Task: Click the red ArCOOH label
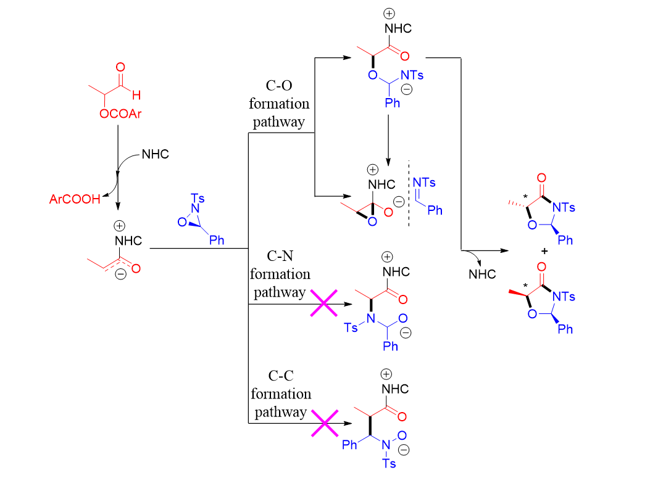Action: (75, 199)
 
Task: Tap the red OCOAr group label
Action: (120, 114)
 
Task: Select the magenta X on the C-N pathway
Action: (323, 303)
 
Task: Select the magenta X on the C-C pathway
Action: (325, 423)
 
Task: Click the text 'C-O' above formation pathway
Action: (279, 85)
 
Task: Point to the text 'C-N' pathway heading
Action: (280, 256)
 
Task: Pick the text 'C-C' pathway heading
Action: (281, 376)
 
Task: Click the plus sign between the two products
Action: (544, 251)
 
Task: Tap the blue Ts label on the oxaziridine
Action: (198, 198)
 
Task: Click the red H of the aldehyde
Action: (136, 95)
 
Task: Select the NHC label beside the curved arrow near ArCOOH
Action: (156, 154)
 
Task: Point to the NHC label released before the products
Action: (482, 275)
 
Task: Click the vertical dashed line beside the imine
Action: (409, 194)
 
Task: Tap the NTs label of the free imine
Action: (424, 183)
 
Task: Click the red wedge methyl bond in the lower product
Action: (518, 293)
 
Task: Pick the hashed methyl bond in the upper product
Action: (518, 204)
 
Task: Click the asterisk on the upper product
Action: (526, 196)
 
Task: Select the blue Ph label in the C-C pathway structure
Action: (349, 445)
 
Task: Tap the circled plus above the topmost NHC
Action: (389, 14)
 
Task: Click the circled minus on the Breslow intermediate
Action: (120, 274)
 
